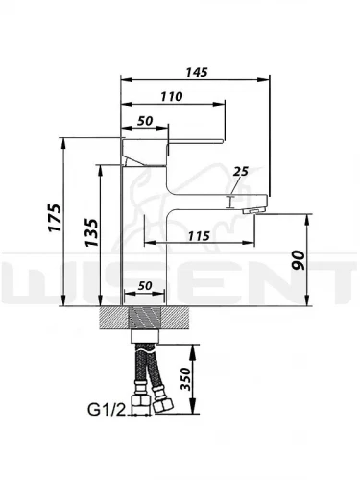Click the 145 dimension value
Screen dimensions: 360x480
click(x=197, y=72)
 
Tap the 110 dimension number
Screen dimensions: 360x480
click(x=172, y=96)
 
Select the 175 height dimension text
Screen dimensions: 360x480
click(x=55, y=218)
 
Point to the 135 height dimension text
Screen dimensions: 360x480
click(x=91, y=232)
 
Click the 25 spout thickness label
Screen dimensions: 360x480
click(x=241, y=172)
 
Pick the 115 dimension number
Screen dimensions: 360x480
click(x=199, y=236)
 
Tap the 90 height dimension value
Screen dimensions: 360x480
click(x=299, y=260)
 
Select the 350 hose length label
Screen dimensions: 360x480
click(x=185, y=379)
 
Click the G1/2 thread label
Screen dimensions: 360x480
click(x=106, y=409)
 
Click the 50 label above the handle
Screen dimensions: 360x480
click(x=145, y=121)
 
